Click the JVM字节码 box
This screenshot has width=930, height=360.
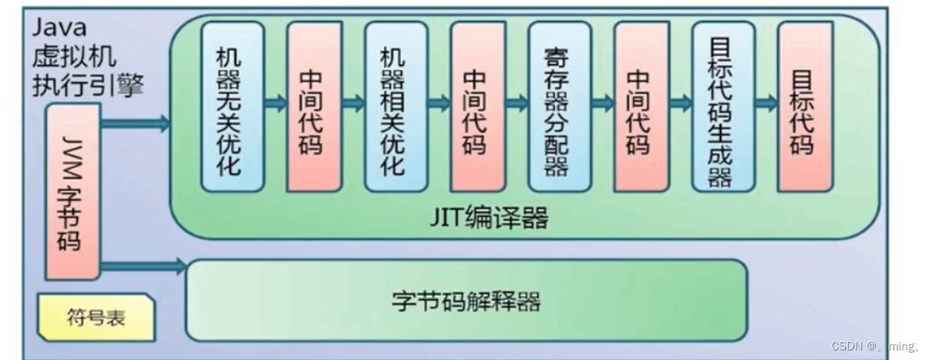click(72, 191)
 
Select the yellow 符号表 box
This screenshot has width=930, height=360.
click(96, 317)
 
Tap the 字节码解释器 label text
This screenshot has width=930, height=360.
click(466, 301)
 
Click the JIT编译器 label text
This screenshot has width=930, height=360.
click(489, 217)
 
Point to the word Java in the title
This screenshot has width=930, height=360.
click(59, 28)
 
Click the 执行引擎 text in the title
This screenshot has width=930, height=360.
click(88, 85)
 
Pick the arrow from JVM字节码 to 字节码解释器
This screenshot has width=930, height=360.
click(142, 265)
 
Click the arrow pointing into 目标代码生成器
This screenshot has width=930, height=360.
click(680, 103)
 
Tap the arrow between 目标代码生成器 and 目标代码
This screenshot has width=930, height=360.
click(765, 103)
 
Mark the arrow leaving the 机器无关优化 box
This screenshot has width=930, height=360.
click(275, 103)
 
